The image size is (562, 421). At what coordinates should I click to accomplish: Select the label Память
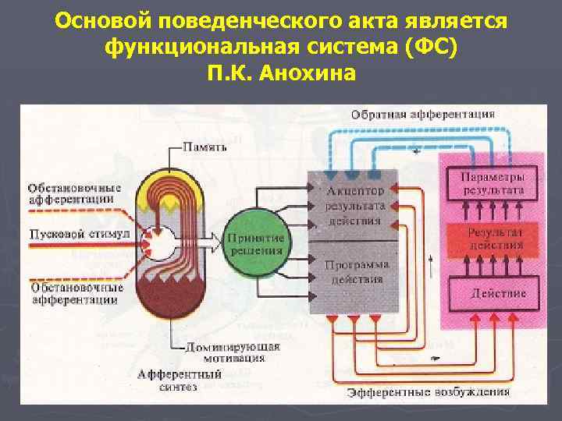pos(205,146)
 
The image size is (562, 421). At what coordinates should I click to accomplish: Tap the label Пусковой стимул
pos(68,233)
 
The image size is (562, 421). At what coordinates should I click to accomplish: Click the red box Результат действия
pos(496,238)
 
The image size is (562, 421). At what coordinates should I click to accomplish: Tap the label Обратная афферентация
pos(422,114)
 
